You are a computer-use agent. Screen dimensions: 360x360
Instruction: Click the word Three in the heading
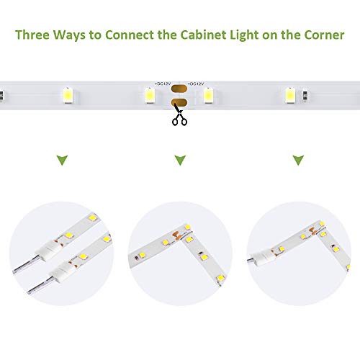pyautogui.click(x=35, y=35)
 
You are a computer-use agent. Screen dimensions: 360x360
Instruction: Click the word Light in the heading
pyautogui.click(x=251, y=35)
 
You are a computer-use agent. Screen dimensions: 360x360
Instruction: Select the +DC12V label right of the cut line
pyautogui.click(x=195, y=84)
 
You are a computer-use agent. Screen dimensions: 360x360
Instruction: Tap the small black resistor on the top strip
pyautogui.click(x=306, y=94)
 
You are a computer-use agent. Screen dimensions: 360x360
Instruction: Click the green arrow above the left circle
pyautogui.click(x=62, y=159)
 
